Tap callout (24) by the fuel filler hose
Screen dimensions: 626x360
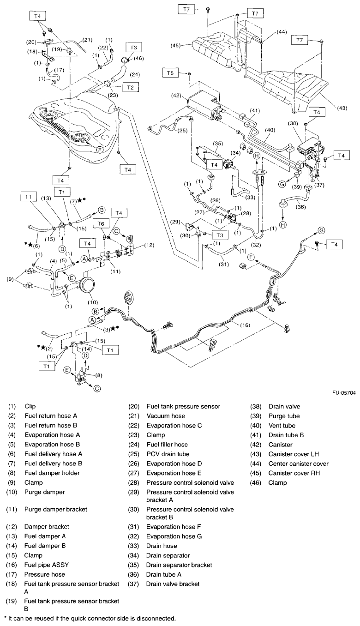(147, 74)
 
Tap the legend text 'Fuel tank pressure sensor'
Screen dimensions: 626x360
(183, 406)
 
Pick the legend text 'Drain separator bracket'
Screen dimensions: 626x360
(179, 565)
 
